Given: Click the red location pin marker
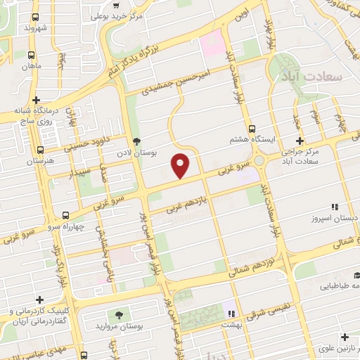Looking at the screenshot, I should (181, 165).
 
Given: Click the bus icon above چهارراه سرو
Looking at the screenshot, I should (65, 215).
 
